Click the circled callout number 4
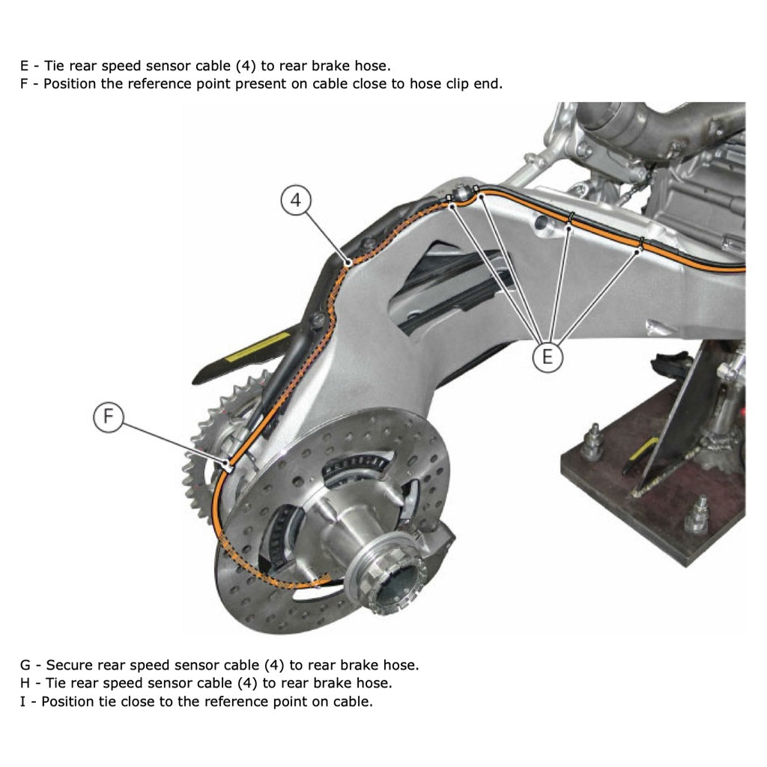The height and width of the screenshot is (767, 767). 297,201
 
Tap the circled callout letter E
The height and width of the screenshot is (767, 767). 548,356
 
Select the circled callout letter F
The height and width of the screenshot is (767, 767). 109,416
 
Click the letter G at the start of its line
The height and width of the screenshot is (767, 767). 25,665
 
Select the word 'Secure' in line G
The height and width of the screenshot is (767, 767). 70,665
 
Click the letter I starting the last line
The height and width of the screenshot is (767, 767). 23,702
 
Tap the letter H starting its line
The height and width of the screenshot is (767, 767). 25,683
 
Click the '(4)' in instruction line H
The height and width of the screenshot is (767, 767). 247,683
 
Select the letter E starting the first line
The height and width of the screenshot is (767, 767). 25,66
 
